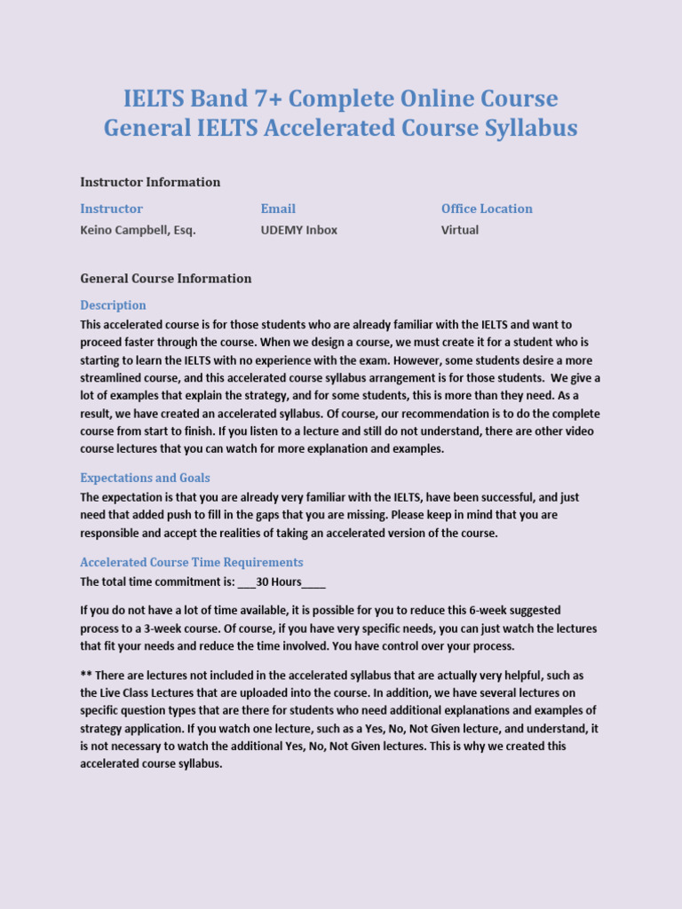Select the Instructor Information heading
point(150,182)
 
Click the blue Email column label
point(278,209)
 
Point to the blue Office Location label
point(487,209)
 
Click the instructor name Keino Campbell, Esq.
point(138,230)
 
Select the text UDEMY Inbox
point(298,230)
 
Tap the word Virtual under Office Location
point(460,230)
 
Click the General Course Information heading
point(166,278)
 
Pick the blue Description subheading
point(114,304)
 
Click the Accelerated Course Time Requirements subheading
point(192,562)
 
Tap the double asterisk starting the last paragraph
point(85,676)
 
